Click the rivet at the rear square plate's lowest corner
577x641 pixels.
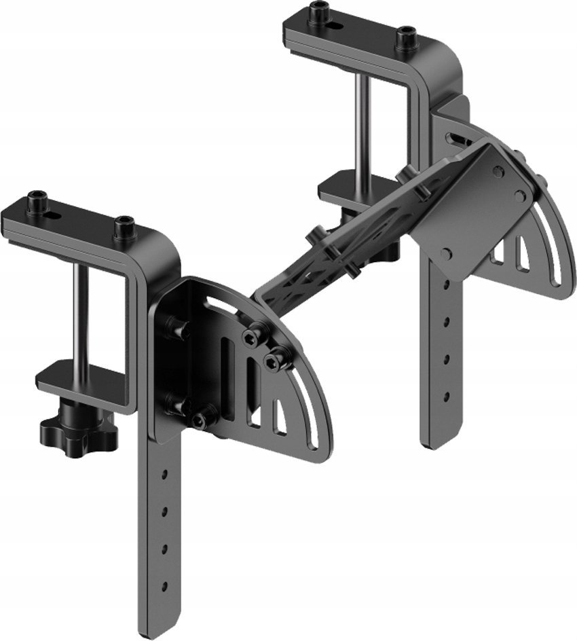click(447, 253)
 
